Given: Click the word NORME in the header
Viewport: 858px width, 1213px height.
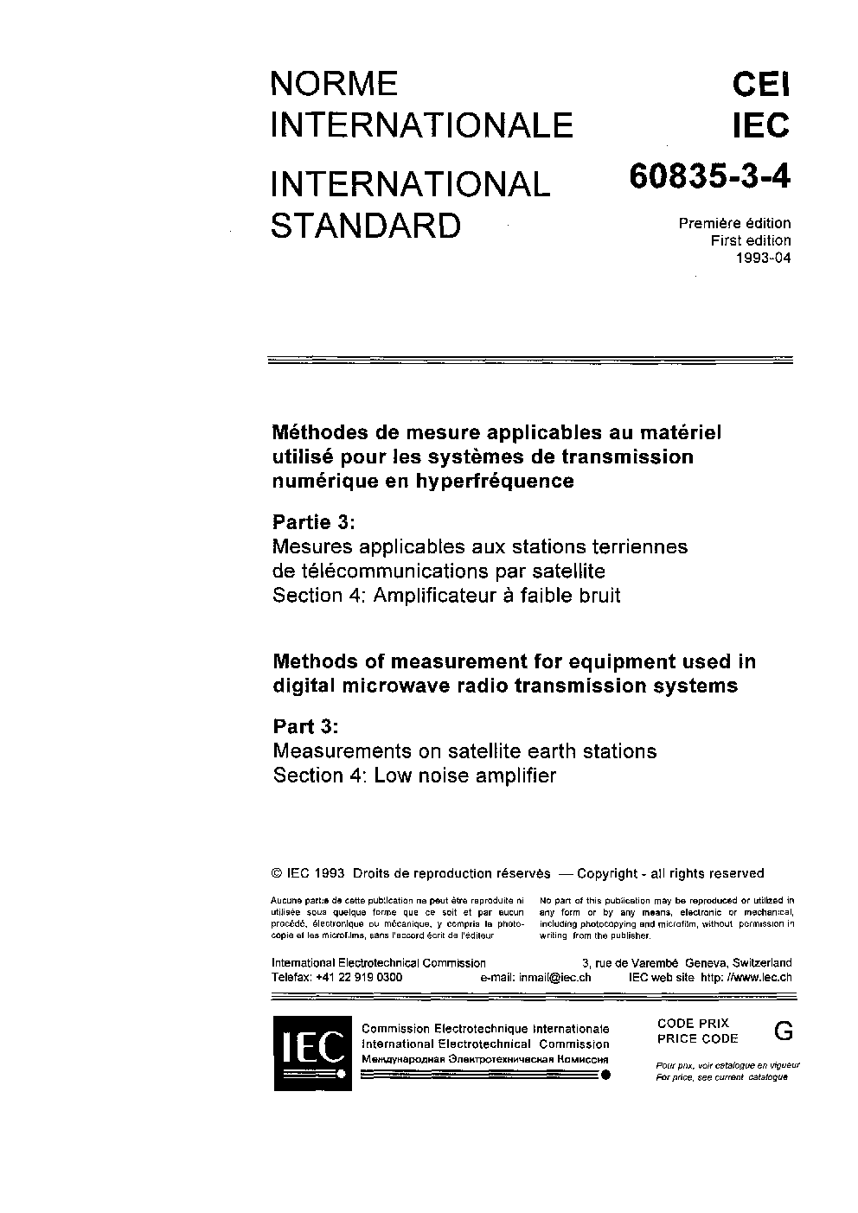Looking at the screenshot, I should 334,84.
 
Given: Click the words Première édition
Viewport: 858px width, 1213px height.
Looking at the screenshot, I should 734,223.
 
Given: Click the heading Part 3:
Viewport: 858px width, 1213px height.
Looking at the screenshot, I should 305,725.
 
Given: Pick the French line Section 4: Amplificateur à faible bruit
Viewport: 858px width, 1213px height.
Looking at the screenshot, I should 446,595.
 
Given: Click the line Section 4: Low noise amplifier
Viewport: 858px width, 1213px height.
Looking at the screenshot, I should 414,776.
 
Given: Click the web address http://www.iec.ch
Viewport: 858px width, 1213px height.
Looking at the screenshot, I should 746,977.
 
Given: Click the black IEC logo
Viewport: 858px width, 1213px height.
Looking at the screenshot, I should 312,1052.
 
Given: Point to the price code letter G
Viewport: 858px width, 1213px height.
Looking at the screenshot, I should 783,1030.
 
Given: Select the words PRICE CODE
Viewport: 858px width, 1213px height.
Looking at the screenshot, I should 697,1038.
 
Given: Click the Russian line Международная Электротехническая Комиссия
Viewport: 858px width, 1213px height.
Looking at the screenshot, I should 484,1058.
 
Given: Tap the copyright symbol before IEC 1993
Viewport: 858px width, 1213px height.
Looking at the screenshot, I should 278,873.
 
